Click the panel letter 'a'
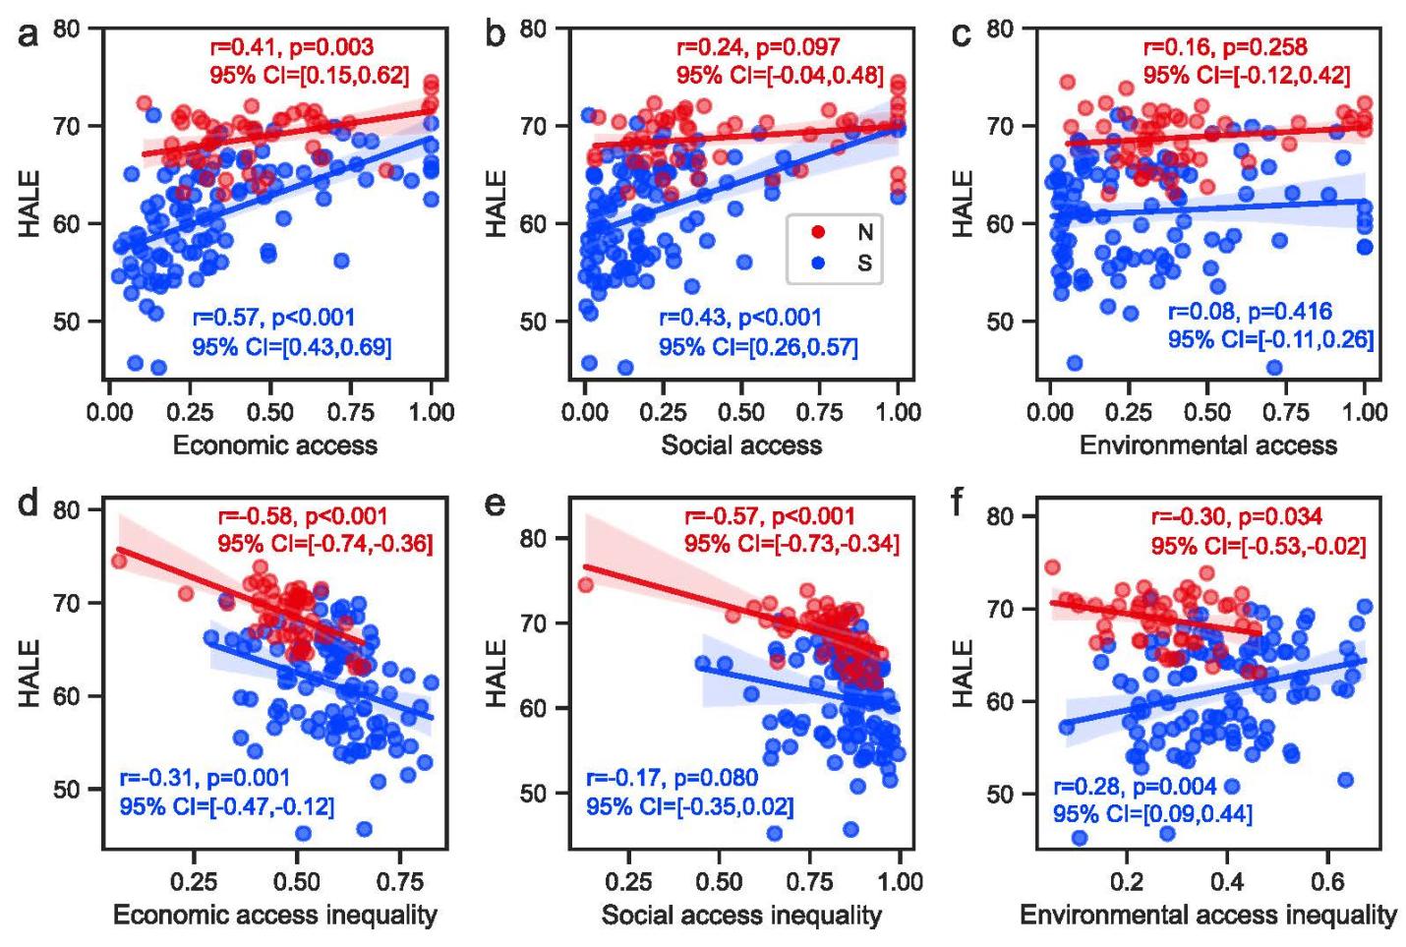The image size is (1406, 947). pos(29,36)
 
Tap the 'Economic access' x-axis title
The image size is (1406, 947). pos(275,445)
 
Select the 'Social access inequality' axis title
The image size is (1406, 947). pos(741,916)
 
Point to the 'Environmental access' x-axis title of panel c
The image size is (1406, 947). pos(1208,445)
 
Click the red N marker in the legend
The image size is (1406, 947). pos(817,232)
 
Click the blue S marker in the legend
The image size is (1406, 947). pos(817,263)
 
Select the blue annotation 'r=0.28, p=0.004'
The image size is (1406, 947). pos(1135,787)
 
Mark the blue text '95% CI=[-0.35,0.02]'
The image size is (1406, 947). pos(690,807)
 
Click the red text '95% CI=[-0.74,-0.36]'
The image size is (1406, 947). pos(325,543)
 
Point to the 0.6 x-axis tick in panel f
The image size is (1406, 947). pos(1328,879)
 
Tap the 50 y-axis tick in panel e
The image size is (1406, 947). pos(534,793)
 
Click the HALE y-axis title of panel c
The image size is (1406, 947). pos(965,204)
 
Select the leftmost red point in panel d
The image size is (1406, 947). pos(119,561)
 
